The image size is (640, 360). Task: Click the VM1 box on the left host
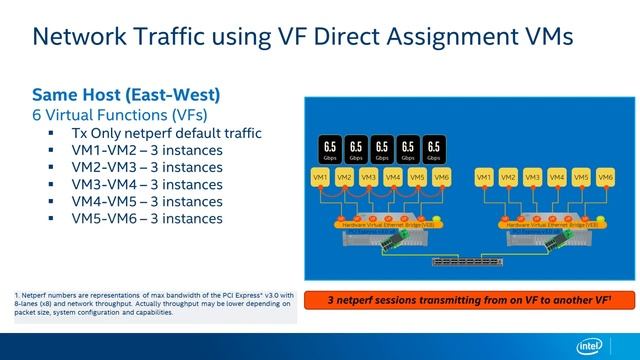tap(320, 177)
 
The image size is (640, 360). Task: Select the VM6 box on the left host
tap(443, 177)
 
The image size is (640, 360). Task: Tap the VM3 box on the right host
tap(533, 177)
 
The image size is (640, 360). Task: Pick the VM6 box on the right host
tap(605, 177)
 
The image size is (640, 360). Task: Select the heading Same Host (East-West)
tap(126, 96)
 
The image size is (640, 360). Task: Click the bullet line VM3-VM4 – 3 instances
tap(146, 184)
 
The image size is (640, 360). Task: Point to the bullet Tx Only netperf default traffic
tap(166, 133)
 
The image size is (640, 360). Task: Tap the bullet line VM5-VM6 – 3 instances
tap(146, 218)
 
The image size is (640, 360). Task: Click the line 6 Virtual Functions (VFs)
tap(118, 115)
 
